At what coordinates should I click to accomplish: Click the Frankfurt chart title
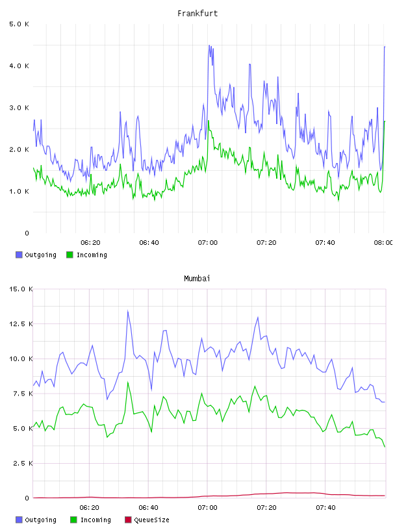click(x=197, y=13)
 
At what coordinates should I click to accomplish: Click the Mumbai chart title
click(x=197, y=278)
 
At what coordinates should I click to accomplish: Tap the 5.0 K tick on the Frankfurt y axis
click(x=19, y=24)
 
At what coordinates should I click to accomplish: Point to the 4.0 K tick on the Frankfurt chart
click(x=19, y=66)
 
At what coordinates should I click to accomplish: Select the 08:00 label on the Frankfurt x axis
click(x=383, y=242)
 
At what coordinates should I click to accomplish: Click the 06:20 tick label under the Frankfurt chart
click(x=90, y=242)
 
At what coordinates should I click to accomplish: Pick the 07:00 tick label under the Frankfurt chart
click(x=208, y=242)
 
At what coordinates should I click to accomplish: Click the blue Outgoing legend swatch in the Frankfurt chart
click(x=19, y=255)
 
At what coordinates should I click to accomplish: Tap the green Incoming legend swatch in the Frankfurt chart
click(x=70, y=255)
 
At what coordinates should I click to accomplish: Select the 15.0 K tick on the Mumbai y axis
click(x=21, y=289)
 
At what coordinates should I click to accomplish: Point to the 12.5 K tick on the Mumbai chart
click(x=21, y=324)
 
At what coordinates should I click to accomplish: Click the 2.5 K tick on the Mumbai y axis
click(x=23, y=463)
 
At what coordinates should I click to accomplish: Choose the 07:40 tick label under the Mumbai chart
click(x=325, y=507)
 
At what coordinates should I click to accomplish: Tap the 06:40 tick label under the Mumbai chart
click(x=149, y=507)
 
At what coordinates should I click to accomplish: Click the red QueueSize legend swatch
click(x=128, y=520)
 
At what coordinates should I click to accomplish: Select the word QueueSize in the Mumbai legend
click(x=151, y=520)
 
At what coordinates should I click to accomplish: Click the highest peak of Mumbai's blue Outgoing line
click(x=128, y=310)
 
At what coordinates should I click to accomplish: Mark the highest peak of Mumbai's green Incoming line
click(x=128, y=382)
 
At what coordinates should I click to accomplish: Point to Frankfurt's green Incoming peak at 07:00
click(x=209, y=121)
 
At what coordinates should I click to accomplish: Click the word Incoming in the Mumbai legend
click(x=96, y=520)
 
